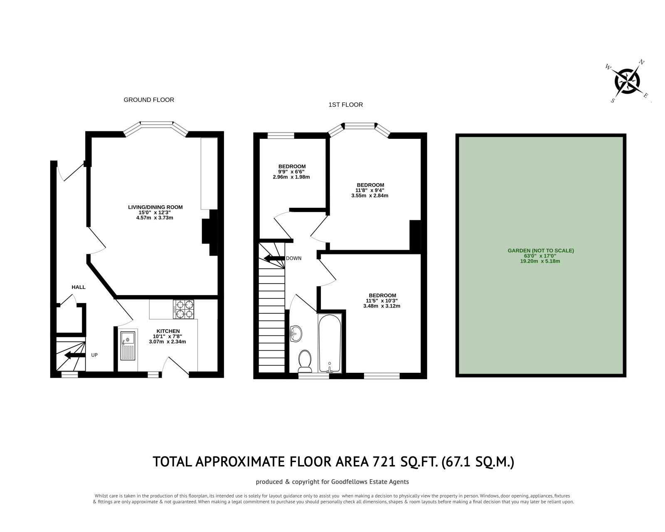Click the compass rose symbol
627,82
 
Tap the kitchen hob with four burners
184,309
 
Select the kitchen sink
128,346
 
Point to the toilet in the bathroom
305,361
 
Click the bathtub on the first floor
330,343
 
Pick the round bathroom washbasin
296,334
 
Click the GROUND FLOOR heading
149,100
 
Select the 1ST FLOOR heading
345,105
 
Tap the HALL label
79,287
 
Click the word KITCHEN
168,331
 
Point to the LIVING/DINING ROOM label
155,207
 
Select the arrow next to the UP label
74,355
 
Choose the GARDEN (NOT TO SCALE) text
541,251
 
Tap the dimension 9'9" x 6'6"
291,172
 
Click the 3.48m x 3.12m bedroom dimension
382,306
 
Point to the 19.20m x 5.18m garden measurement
540,261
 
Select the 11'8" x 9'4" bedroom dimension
370,190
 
